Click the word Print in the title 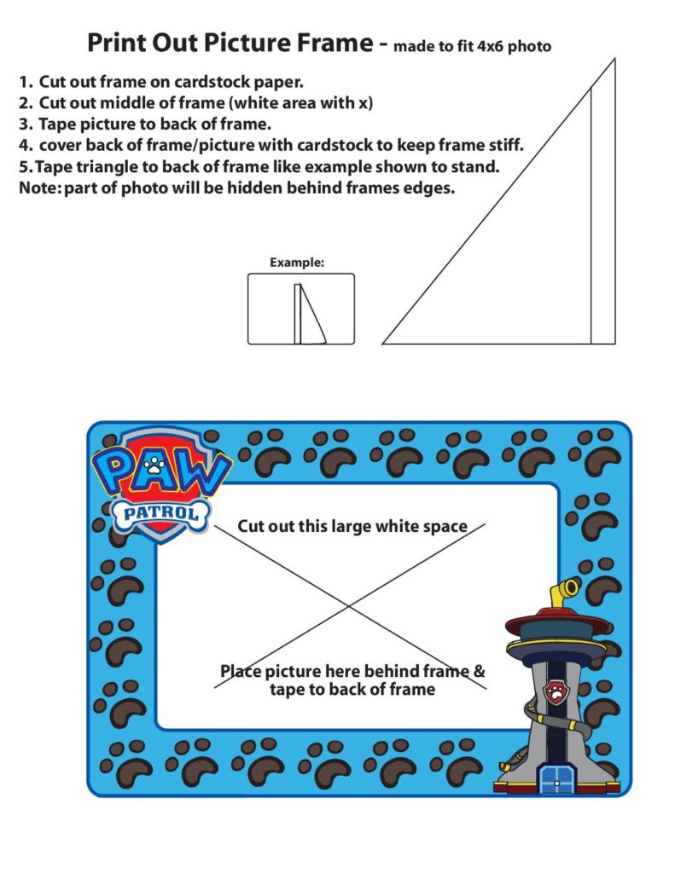click(114, 43)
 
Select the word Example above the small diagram click(296, 263)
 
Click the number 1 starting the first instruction click(25, 83)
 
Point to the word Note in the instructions click(37, 188)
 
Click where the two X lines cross click(350, 606)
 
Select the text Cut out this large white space click(352, 526)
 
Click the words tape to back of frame click(352, 689)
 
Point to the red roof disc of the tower click(558, 622)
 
